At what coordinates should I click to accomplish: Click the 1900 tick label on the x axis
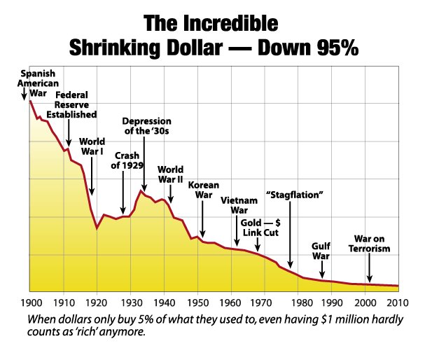(29, 304)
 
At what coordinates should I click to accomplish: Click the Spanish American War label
(39, 82)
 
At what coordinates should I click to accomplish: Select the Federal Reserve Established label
(76, 104)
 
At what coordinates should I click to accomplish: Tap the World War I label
(92, 150)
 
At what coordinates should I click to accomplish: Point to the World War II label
(170, 174)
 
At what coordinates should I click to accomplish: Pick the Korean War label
(204, 191)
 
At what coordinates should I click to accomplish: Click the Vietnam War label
(235, 205)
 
